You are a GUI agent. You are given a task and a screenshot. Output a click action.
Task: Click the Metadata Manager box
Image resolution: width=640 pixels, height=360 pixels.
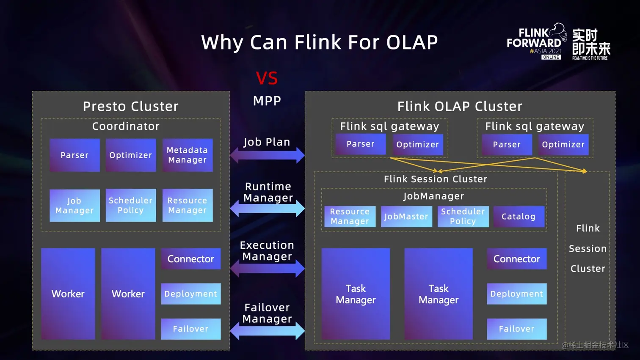coord(188,155)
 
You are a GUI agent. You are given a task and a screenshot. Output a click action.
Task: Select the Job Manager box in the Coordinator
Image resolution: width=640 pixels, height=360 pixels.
coord(74,206)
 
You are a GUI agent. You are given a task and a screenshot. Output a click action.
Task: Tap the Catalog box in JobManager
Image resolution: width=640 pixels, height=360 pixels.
coord(519,217)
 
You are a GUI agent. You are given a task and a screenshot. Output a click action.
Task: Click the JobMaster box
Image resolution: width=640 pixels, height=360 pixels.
coord(406,217)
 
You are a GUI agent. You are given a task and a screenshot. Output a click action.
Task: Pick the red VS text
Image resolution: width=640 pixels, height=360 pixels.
coord(267,78)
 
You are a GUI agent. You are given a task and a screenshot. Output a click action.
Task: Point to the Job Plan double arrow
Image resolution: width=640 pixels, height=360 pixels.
coord(267,155)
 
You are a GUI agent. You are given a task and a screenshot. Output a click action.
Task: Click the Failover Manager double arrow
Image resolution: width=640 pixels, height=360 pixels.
coord(267,331)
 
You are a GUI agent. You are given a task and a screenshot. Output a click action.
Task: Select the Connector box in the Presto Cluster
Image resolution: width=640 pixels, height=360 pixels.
coord(191,259)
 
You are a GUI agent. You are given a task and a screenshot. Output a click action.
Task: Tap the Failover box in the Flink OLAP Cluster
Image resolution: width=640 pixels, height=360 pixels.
coord(516,329)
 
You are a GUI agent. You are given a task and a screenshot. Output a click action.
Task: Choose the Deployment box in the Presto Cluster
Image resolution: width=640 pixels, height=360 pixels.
coord(191,294)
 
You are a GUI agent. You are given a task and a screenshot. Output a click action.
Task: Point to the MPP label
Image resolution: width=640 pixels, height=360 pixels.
coord(267,101)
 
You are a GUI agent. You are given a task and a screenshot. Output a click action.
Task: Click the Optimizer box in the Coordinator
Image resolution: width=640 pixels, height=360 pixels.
coord(131,155)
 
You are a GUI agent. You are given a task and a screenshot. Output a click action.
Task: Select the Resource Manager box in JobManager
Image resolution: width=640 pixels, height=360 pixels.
coord(350,217)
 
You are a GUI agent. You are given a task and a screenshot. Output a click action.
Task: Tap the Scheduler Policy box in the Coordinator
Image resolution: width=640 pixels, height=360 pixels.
coord(131,206)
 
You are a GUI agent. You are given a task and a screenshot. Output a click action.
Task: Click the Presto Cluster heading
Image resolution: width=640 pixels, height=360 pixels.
coord(131,106)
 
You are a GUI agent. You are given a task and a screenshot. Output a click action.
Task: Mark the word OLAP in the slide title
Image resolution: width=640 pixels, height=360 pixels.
coord(412,42)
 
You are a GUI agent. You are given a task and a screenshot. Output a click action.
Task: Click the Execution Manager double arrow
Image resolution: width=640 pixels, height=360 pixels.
coord(267,268)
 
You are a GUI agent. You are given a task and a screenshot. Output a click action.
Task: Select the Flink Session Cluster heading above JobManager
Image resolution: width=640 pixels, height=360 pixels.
coord(436,179)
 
